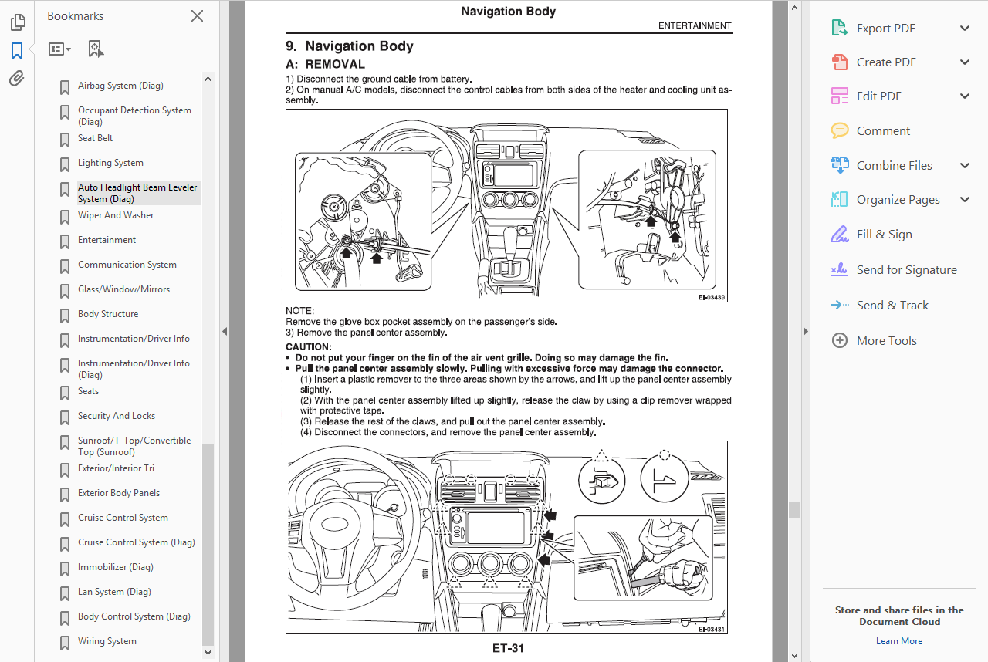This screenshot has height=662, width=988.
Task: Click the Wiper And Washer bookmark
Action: click(x=116, y=215)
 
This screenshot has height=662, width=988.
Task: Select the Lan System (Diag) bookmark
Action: click(x=114, y=592)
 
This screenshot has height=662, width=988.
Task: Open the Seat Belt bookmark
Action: click(x=95, y=138)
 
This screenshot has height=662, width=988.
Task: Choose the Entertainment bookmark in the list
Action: click(x=107, y=240)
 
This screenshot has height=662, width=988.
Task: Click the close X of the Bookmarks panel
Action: click(x=197, y=16)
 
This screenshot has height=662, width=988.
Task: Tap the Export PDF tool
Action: click(x=885, y=29)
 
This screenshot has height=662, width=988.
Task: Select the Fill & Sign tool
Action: click(x=884, y=235)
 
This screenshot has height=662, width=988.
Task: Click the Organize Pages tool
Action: click(x=898, y=200)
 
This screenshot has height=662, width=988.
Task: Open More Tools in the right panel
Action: click(x=886, y=341)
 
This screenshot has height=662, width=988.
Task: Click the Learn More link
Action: click(x=898, y=641)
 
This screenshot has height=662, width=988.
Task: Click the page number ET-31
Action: click(x=508, y=648)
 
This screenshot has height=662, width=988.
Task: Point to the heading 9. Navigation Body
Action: click(x=350, y=46)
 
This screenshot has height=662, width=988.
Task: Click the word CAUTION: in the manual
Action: click(x=308, y=347)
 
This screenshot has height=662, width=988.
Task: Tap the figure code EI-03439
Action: click(x=712, y=297)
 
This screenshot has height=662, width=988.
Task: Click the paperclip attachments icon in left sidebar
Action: click(x=17, y=78)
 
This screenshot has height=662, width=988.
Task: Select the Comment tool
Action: click(x=883, y=131)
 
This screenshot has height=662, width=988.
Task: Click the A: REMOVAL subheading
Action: click(x=325, y=65)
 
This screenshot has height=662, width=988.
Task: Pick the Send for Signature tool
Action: click(x=906, y=270)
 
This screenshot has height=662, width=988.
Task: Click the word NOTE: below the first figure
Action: click(x=299, y=311)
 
